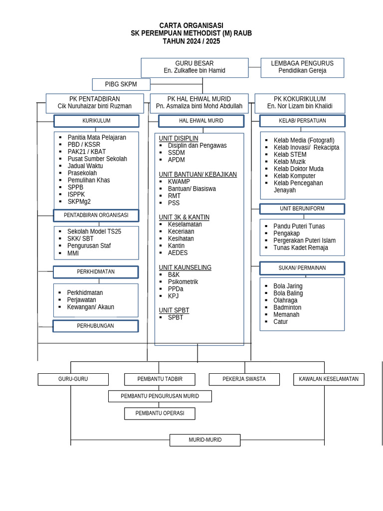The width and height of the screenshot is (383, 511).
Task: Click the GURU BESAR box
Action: click(194, 67)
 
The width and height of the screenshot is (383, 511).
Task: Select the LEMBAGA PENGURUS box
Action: click(302, 67)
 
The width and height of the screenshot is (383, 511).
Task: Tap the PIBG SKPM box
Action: click(121, 84)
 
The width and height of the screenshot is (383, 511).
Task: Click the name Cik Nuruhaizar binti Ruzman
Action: click(95, 106)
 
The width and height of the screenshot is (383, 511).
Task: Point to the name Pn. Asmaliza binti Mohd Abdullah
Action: click(199, 106)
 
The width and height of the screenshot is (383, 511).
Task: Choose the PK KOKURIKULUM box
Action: click(299, 103)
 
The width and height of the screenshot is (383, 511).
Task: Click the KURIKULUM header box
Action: click(96, 121)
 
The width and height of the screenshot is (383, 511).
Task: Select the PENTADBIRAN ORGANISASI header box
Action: click(96, 215)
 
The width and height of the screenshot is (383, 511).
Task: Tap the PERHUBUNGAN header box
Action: click(96, 326)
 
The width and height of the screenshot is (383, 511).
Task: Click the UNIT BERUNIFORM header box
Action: click(302, 209)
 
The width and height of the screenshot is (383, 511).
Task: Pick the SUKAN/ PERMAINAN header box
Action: click(302, 268)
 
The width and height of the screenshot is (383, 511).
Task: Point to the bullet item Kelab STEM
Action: click(290, 155)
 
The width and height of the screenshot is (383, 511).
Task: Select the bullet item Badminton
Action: click(287, 307)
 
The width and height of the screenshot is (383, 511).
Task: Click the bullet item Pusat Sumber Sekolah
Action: click(97, 159)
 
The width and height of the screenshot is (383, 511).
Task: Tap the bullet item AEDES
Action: click(178, 253)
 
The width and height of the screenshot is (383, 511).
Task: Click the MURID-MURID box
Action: click(205, 440)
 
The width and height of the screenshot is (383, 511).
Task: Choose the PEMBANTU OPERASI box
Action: click(160, 413)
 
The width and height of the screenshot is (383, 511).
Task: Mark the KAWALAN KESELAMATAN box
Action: click(329, 379)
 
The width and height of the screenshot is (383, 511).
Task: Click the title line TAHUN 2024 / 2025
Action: click(191, 41)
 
